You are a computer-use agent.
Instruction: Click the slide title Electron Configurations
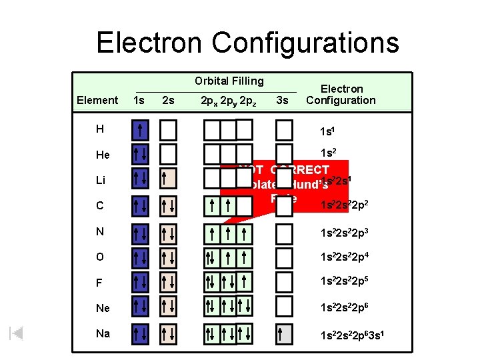[247, 43]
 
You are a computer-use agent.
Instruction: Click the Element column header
[97, 100]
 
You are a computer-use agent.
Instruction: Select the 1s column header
[139, 100]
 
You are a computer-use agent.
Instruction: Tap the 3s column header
[282, 100]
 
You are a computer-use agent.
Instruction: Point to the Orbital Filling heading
[229, 81]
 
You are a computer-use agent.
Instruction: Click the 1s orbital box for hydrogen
[140, 129]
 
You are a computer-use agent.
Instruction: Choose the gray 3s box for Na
[284, 333]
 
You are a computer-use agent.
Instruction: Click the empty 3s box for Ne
[284, 305]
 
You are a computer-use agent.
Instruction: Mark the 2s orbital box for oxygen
[168, 257]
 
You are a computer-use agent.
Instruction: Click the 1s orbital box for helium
[140, 154]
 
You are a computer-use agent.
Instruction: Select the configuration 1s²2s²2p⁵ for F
[345, 282]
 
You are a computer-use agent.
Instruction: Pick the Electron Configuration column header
[341, 94]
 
